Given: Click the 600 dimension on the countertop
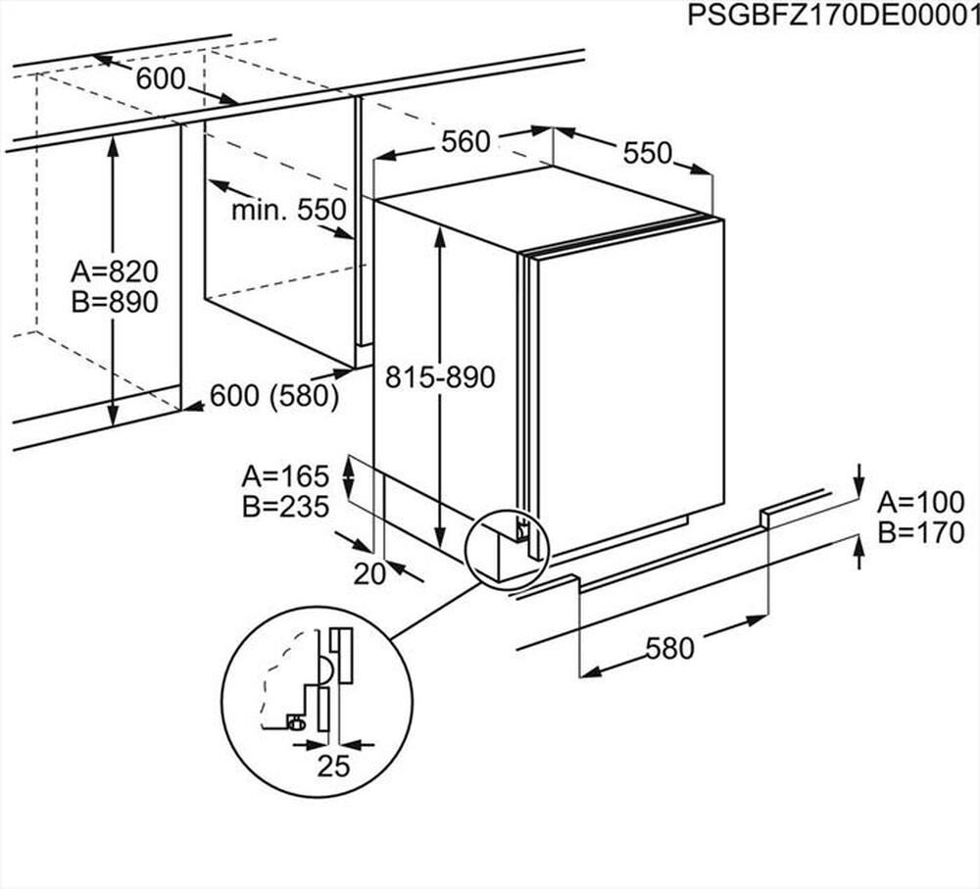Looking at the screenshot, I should tap(161, 79).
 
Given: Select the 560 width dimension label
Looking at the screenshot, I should tap(465, 142).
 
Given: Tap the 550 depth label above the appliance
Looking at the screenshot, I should tap(648, 152).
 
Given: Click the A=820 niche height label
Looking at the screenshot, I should tap(115, 271).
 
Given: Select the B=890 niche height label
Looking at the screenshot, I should tap(115, 302).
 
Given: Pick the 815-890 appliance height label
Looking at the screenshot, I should tap(440, 377).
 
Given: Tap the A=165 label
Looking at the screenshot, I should tap(284, 476).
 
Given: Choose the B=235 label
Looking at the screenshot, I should tap(284, 507).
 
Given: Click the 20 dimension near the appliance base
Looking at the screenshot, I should tap(369, 574).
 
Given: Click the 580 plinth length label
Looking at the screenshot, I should tap(669, 648).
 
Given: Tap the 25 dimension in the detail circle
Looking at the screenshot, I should tap(333, 766).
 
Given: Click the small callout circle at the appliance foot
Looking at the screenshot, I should tap(509, 546).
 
